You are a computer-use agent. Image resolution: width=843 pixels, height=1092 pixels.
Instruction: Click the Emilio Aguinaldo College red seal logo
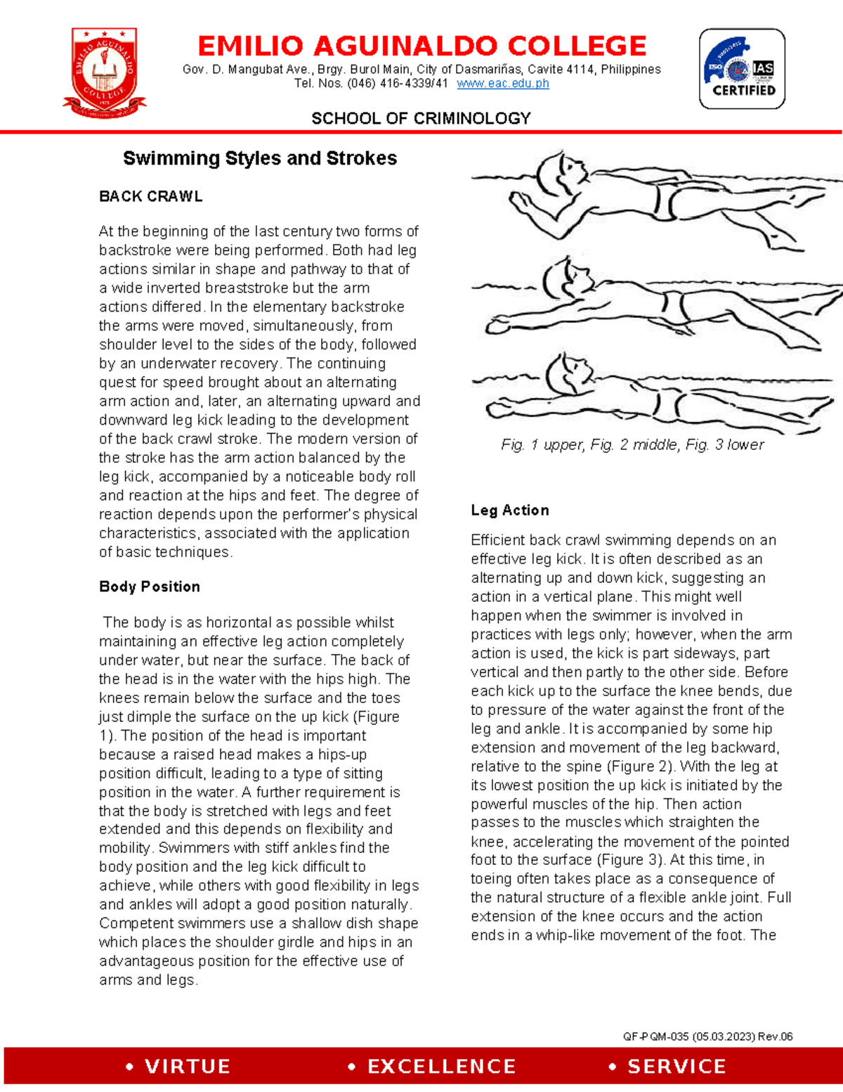click(x=104, y=72)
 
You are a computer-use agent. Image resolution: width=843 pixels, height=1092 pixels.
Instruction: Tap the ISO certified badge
click(x=742, y=69)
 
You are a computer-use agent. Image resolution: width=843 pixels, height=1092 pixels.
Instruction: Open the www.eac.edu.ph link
click(x=502, y=84)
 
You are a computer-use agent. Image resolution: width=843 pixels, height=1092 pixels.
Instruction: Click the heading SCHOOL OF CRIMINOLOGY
click(x=421, y=118)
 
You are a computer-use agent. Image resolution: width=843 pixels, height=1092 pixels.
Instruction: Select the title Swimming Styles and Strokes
click(x=260, y=158)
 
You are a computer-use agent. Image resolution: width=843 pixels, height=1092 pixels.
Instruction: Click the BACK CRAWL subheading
click(x=151, y=196)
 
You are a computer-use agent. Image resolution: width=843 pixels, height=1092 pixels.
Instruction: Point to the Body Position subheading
click(x=150, y=586)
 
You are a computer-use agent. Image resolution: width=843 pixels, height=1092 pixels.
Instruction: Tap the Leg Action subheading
click(x=510, y=510)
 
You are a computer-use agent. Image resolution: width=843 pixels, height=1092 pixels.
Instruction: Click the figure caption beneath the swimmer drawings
click(x=632, y=444)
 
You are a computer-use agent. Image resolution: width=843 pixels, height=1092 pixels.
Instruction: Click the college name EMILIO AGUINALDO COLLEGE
click(x=421, y=46)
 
